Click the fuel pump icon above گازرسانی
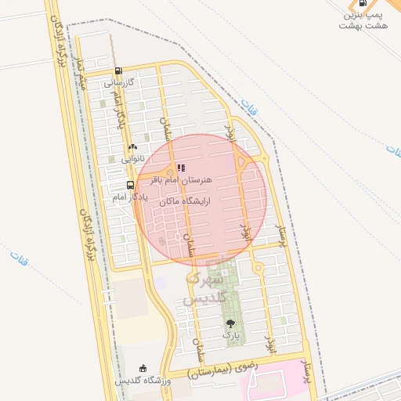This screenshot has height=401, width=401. [117, 70]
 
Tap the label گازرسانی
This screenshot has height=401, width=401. [120, 81]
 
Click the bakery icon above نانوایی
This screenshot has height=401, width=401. [132, 146]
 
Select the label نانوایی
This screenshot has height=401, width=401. [132, 157]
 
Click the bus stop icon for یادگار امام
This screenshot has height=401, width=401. [130, 186]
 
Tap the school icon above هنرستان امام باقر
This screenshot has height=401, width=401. [182, 168]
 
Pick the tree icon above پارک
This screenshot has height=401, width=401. [230, 323]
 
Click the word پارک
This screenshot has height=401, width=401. [230, 334]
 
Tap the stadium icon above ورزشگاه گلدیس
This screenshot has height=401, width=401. [143, 368]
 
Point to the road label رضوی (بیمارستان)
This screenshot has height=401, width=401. [235, 373]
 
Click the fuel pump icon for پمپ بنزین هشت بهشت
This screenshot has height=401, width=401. [363, 3]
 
